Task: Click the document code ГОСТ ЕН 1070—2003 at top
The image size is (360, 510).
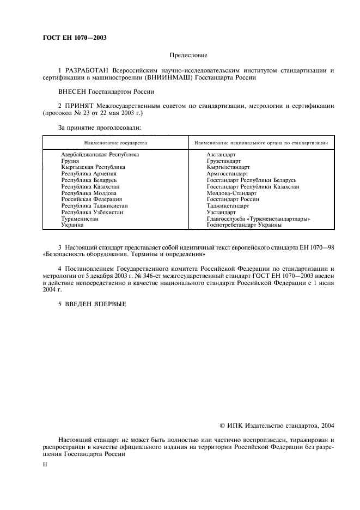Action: (x=74, y=38)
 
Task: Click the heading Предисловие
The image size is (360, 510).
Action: (x=188, y=55)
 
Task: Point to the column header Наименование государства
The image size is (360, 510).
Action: (x=115, y=143)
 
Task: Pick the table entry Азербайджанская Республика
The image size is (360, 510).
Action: (x=100, y=155)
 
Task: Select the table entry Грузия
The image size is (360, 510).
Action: (x=70, y=161)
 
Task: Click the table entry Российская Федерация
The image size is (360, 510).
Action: (x=91, y=199)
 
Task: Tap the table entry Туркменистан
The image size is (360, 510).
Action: (x=80, y=218)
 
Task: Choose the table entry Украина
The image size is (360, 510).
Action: (x=72, y=224)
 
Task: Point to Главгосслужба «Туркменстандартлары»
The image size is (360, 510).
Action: (x=258, y=218)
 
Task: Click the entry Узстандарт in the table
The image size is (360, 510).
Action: (x=221, y=212)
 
